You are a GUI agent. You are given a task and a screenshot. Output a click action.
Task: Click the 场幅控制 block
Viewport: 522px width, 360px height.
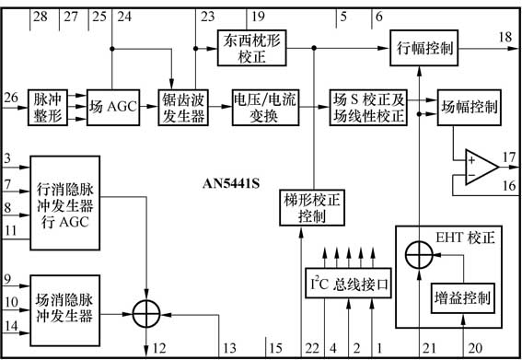coord(469,107)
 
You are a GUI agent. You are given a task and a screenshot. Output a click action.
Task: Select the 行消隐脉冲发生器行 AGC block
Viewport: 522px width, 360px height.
coord(67,201)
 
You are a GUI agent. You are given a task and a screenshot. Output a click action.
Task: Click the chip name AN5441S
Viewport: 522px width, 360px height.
coord(231,181)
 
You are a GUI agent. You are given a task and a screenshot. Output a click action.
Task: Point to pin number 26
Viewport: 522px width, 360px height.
coord(10,97)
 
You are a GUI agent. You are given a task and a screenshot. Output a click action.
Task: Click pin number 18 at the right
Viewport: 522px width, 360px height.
coord(505,36)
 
